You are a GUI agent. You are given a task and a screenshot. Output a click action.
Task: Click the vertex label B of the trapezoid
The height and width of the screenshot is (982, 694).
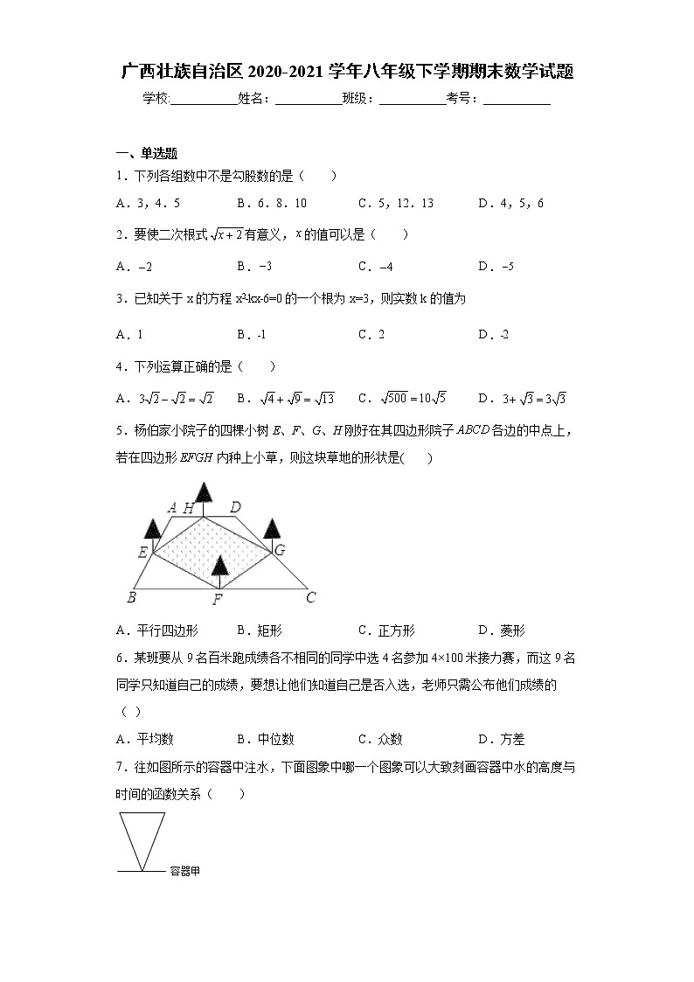coord(131,598)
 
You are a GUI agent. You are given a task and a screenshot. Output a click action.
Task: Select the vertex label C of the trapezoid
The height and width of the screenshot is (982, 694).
coord(310,598)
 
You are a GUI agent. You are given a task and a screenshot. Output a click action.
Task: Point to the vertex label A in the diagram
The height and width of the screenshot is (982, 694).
coord(171,507)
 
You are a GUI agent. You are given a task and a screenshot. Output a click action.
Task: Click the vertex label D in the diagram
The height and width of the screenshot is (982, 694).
coord(235,507)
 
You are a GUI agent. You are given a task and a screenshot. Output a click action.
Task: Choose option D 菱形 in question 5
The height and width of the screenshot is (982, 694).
coord(501,630)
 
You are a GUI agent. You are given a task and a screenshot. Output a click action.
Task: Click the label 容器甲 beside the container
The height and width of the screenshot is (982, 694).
coord(184,871)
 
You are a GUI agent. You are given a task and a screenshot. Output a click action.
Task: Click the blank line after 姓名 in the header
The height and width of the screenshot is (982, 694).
coord(308,100)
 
